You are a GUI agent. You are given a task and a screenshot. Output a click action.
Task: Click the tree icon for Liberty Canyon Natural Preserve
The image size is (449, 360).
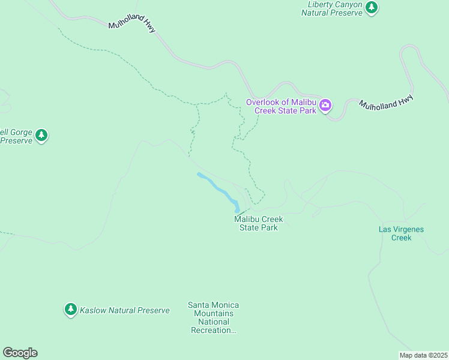pos(372,7)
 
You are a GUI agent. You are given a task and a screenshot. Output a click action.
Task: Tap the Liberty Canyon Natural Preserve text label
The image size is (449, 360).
pos(332,8)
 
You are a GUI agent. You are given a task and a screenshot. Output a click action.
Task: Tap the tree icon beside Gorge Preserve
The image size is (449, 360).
pos(41,136)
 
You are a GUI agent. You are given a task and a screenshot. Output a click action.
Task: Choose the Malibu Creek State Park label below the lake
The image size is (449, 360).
pos(258,223)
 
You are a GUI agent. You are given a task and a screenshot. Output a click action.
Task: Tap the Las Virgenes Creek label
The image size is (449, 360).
pos(394,233)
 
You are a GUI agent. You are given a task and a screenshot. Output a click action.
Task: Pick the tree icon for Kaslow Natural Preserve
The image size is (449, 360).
pos(71,310)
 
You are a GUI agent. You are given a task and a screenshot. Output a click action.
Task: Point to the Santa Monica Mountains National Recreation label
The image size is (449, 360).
pos(213,317)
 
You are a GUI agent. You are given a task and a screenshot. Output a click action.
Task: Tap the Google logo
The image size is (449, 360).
pos(20,353)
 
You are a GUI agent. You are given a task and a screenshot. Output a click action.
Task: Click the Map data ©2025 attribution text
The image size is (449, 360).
pos(424,355)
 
